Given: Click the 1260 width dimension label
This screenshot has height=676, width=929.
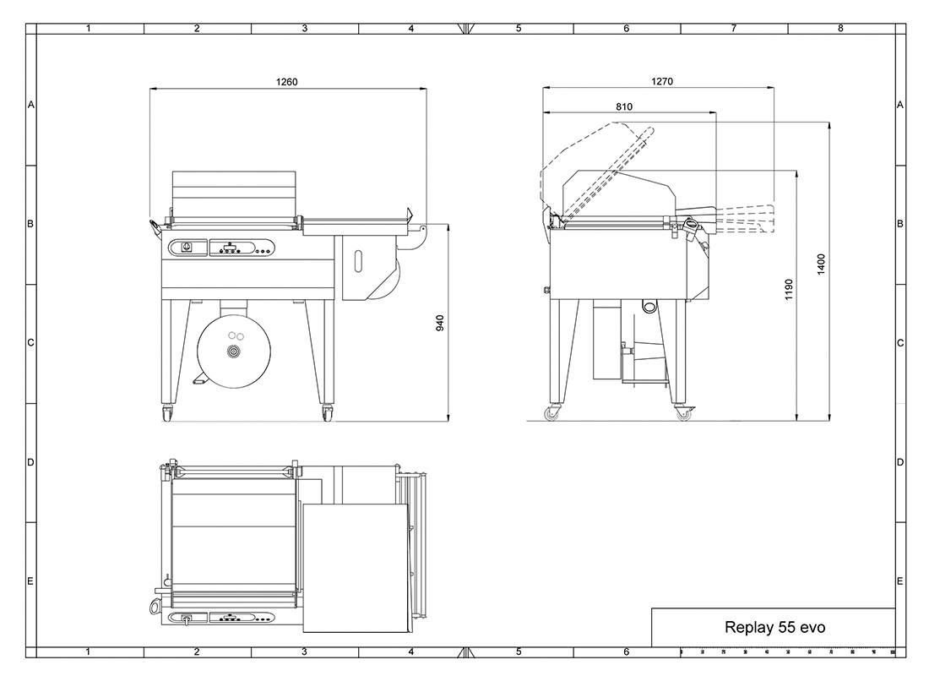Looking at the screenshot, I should click(287, 82).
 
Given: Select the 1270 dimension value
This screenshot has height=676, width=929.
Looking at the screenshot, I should click(662, 81).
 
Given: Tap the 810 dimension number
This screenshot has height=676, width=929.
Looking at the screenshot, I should click(624, 106).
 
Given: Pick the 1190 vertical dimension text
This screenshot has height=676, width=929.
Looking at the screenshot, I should click(789, 291).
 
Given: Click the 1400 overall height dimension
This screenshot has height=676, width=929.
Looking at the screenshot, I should click(821, 265).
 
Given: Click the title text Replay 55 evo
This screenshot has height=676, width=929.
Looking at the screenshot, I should click(774, 628).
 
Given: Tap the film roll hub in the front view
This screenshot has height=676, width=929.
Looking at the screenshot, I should click(231, 351).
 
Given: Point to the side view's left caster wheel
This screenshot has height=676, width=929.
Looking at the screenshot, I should click(553, 415).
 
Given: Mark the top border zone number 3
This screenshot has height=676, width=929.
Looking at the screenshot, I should click(304, 28).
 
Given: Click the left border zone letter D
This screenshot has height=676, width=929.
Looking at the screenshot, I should click(30, 462).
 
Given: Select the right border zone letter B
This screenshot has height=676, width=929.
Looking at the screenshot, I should click(900, 224).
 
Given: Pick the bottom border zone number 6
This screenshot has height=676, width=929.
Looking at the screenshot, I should click(627, 652).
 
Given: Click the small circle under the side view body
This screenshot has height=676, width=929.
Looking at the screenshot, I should click(649, 305).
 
